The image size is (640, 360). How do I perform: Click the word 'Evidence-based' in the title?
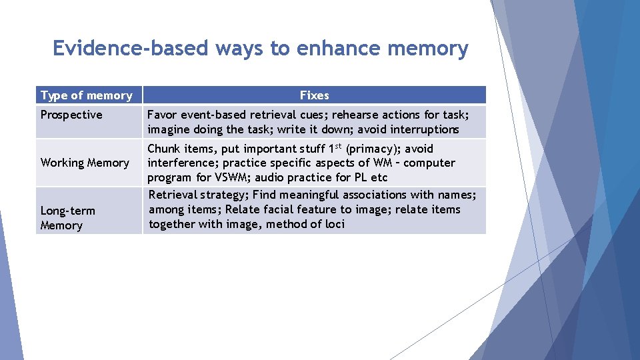(x=130, y=49)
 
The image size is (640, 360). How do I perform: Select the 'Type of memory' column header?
(x=87, y=95)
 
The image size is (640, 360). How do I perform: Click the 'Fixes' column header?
(x=314, y=95)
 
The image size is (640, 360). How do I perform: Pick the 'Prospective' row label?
(x=71, y=115)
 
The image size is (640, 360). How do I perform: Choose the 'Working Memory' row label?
(x=85, y=163)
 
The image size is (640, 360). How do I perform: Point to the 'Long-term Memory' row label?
(x=67, y=218)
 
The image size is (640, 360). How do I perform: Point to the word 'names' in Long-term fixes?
(x=456, y=195)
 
